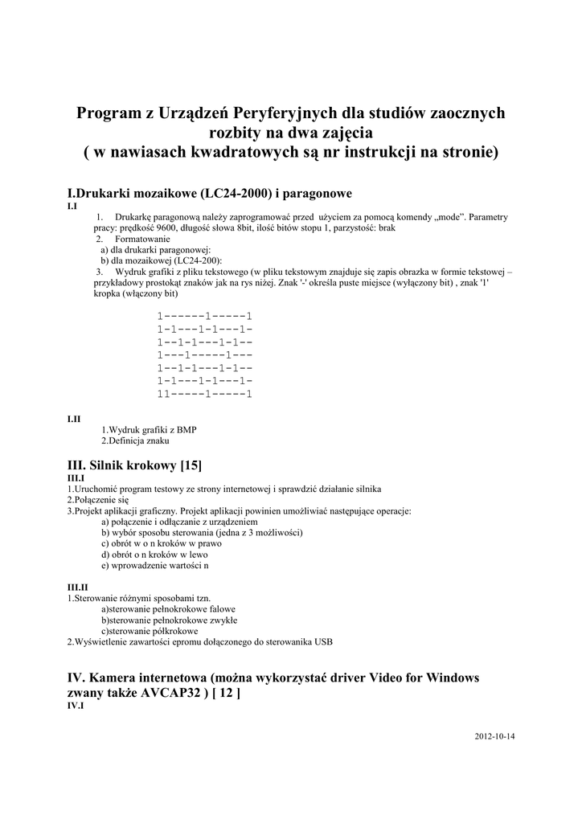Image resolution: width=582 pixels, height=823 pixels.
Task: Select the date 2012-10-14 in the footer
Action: pyautogui.click(x=494, y=735)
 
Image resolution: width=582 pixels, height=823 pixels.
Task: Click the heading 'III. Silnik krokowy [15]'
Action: pyautogui.click(x=134, y=465)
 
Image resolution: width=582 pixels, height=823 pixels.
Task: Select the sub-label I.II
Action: pyautogui.click(x=73, y=419)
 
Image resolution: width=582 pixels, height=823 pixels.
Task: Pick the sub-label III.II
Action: pyautogui.click(x=77, y=588)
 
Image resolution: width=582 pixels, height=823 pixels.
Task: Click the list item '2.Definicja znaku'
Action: pyautogui.click(x=135, y=440)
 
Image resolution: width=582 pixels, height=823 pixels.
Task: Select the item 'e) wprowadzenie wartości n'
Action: pyautogui.click(x=154, y=565)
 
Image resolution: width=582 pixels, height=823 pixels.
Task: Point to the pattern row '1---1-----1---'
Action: pyautogui.click(x=205, y=354)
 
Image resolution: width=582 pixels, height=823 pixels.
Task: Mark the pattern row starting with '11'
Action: pyautogui.click(x=205, y=394)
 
